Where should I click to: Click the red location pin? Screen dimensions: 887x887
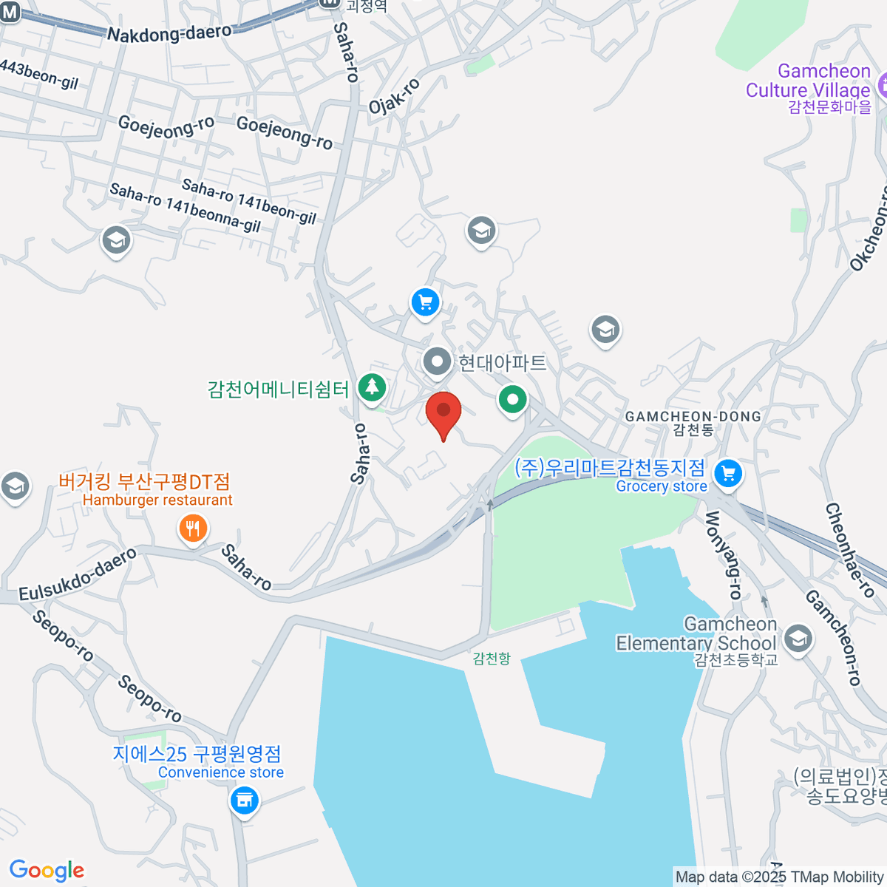pos(443,412)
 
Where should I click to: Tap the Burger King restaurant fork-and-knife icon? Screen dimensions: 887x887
pos(192,529)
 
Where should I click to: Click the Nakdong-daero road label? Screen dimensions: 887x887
pos(169,34)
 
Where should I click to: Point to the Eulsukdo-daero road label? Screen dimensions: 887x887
pos(78,574)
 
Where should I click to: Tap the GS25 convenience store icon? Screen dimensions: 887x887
pos(243,800)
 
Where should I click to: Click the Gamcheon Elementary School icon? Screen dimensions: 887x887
pos(798,638)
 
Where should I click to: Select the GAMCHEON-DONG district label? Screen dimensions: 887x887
pos(693,417)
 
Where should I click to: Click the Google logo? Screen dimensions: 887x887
pos(47,870)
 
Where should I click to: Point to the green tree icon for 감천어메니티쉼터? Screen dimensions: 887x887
pos(371,387)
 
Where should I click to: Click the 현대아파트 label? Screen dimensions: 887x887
pos(503,363)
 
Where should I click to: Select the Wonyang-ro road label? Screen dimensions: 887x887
pos(723,554)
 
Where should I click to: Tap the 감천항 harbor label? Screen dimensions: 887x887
pos(492,658)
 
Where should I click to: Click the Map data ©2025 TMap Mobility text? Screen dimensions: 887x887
pos(779,877)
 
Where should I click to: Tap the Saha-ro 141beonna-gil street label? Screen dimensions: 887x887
pos(185,208)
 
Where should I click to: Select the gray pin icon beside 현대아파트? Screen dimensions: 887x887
pos(437,362)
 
